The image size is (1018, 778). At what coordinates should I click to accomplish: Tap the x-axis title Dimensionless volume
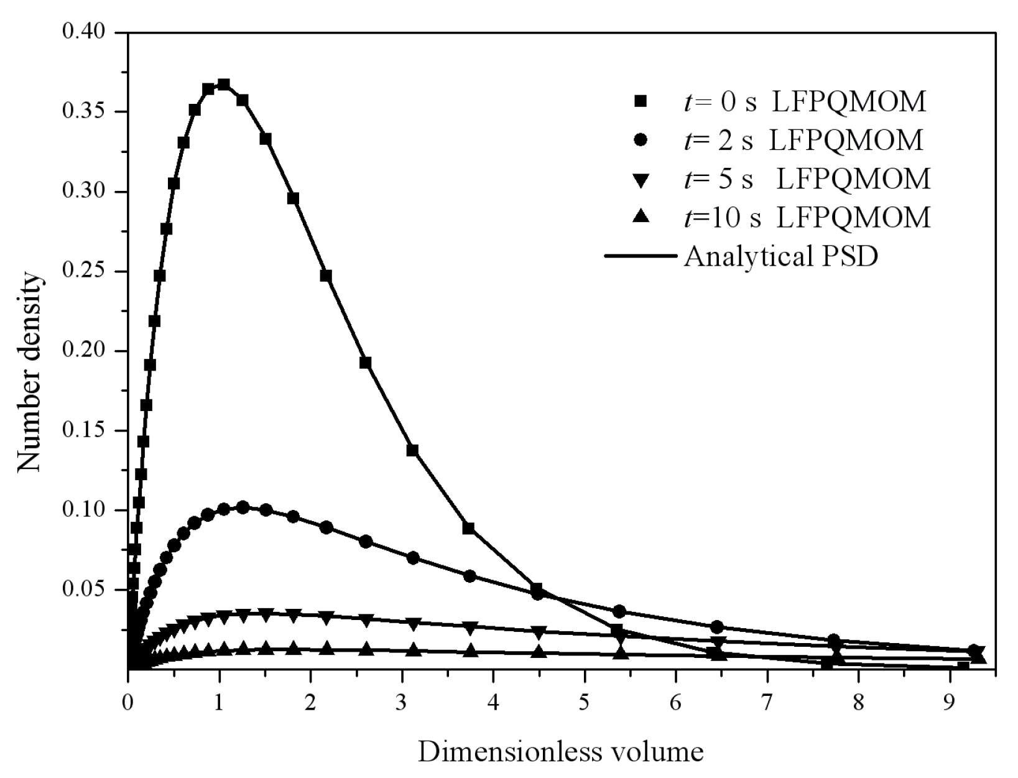click(560, 751)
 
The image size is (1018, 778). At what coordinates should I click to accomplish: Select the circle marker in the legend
click(641, 141)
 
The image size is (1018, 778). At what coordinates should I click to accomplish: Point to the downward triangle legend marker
click(641, 180)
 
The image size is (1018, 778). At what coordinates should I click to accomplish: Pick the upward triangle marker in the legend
click(641, 218)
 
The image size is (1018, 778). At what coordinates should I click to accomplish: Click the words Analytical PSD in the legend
click(780, 256)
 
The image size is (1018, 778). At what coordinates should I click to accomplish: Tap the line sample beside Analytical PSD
click(641, 256)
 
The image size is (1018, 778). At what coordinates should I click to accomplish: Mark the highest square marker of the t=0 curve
click(224, 85)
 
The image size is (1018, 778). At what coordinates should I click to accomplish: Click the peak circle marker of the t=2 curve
click(243, 507)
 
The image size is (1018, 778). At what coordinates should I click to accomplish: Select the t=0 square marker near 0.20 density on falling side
click(366, 363)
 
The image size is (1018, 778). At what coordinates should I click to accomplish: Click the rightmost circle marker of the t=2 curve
click(974, 651)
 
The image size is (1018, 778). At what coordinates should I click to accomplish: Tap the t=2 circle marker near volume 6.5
click(717, 626)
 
